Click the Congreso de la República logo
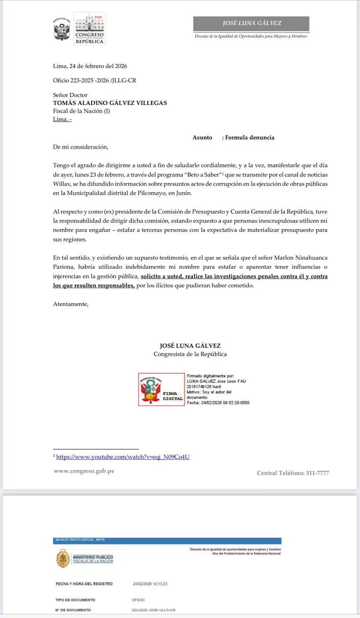coord(90,29)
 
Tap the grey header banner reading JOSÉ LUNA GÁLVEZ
coord(251,23)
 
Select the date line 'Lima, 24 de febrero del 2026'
coord(90,66)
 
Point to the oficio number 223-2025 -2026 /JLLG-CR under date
coord(95,80)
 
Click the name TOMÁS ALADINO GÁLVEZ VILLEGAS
coord(110,103)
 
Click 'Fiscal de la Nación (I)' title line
coord(82,111)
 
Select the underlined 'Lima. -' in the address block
coord(62,119)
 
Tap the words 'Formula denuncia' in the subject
coord(250,138)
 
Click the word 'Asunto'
coord(202,138)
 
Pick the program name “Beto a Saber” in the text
coord(202,175)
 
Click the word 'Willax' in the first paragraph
coord(62,184)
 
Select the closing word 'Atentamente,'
coord(71,304)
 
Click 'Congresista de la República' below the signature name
coord(190,354)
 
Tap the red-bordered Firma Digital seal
coord(161,389)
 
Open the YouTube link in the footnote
coord(123,457)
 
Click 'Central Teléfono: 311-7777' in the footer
coord(293,473)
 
